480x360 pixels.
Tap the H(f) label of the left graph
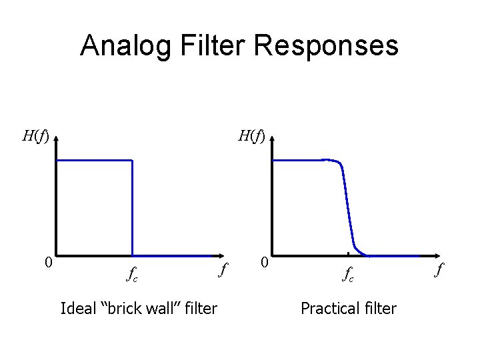coord(35,137)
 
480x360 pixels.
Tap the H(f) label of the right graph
coord(252,137)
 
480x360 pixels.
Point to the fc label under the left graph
coord(132,273)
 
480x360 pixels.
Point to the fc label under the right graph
coord(348,273)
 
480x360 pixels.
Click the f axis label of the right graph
coord(439,268)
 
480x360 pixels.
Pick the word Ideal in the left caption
coord(76,308)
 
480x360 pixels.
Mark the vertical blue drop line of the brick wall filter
coord(133,207)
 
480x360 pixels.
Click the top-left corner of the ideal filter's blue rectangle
coord(57,160)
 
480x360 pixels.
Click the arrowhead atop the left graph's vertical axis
coord(56,133)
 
